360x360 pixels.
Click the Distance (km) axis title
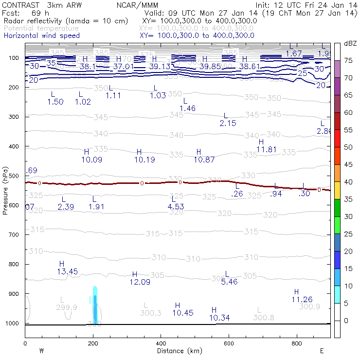click(x=178, y=351)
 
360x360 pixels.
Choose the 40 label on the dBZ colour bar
click(x=349, y=182)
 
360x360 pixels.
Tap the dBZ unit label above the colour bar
click(x=350, y=43)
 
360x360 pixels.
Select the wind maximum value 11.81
click(x=267, y=149)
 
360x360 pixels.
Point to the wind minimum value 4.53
click(x=175, y=207)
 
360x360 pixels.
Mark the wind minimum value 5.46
click(x=229, y=282)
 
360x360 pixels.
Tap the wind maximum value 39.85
click(x=210, y=66)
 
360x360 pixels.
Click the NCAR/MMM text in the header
click(x=137, y=5)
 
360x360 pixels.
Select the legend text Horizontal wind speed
click(x=41, y=36)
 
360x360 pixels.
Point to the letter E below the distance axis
click(x=322, y=351)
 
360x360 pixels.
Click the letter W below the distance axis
click(x=42, y=351)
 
